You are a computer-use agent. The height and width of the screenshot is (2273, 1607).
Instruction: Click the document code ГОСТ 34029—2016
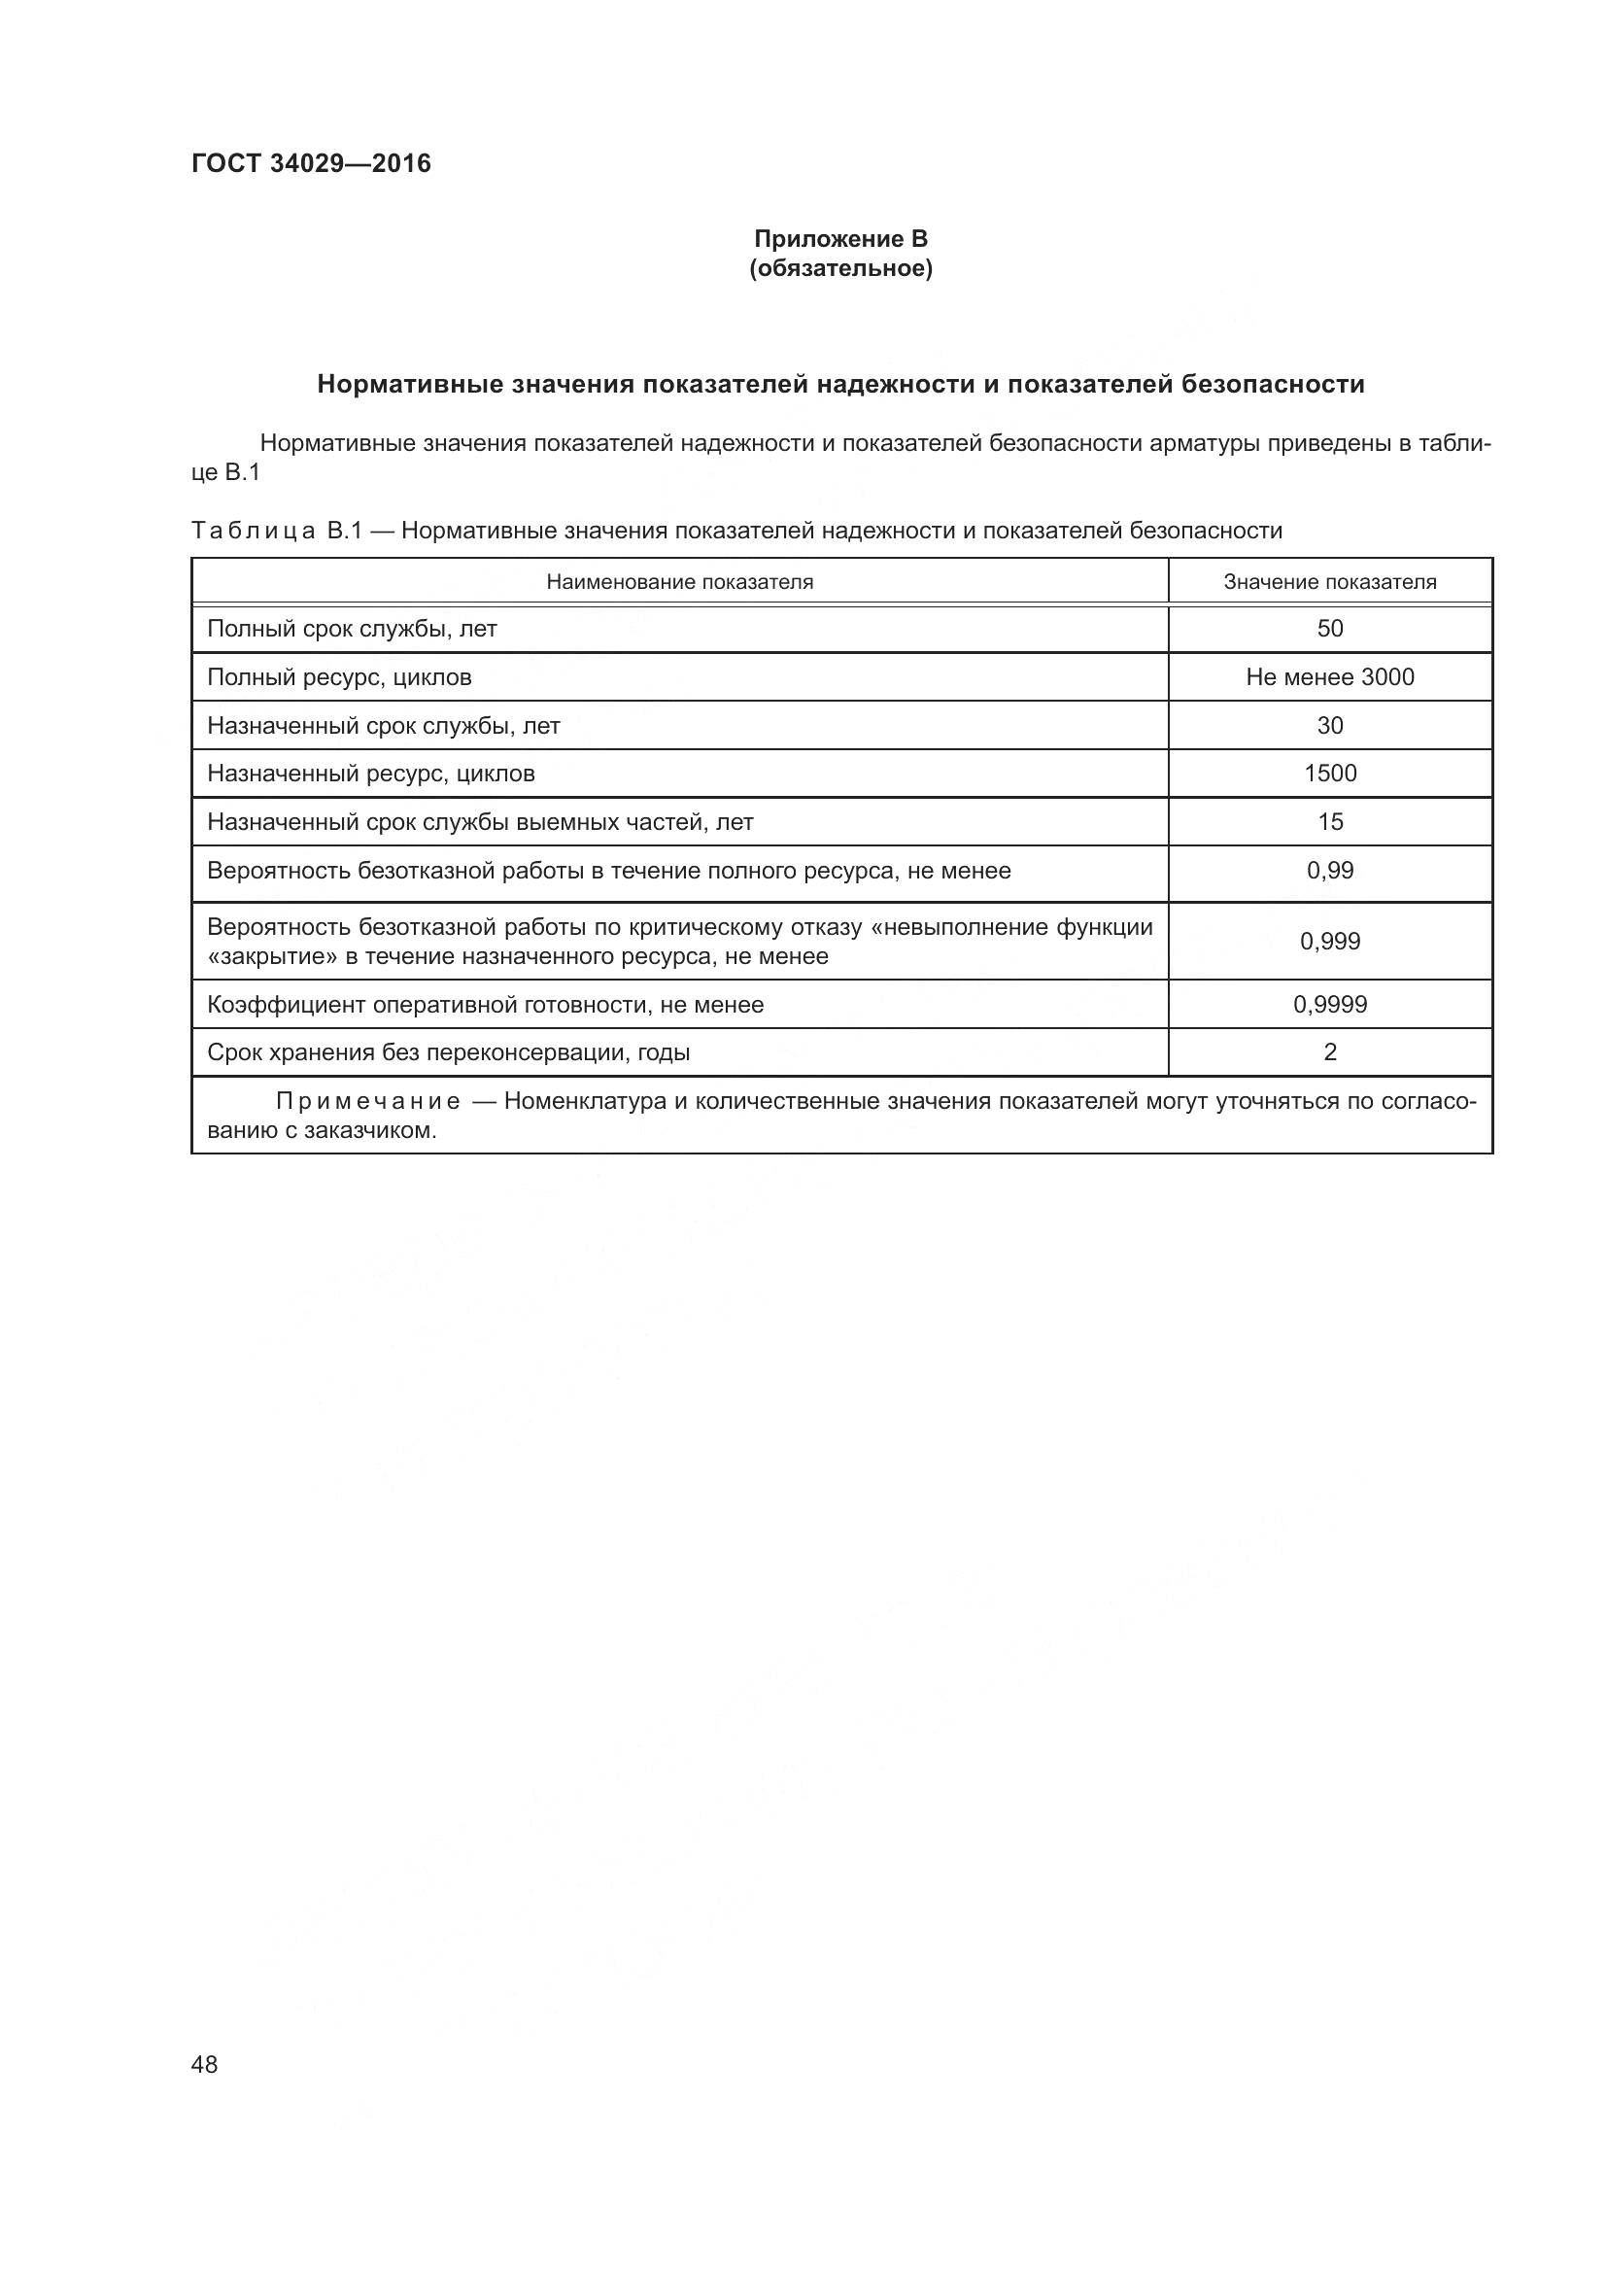click(x=311, y=163)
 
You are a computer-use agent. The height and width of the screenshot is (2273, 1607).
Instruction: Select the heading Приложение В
click(x=840, y=239)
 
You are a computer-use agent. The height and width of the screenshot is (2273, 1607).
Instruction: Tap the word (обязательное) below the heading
click(x=840, y=268)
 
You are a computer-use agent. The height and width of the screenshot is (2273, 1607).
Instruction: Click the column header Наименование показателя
click(x=679, y=582)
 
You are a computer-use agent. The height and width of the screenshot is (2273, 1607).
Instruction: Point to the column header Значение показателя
click(x=1329, y=582)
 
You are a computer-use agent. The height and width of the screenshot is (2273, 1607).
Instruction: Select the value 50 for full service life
click(x=1329, y=629)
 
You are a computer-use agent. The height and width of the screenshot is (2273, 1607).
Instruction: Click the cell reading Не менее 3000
click(x=1329, y=677)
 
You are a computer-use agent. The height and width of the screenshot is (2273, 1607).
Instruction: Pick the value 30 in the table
click(x=1329, y=726)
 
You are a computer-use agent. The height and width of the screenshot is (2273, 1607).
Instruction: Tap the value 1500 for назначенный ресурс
click(x=1329, y=774)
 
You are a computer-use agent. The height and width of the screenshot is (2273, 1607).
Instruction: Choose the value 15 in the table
click(x=1329, y=822)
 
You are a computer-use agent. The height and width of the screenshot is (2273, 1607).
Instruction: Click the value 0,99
click(x=1329, y=870)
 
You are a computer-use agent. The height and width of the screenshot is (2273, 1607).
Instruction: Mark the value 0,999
click(x=1329, y=942)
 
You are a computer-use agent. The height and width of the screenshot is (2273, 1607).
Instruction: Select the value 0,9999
click(x=1329, y=1005)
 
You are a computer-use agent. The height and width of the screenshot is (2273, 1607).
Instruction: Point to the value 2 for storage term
click(x=1329, y=1052)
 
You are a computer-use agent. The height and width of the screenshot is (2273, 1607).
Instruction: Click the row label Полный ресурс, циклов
click(x=338, y=677)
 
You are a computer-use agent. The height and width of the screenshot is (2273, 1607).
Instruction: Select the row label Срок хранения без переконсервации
click(x=447, y=1052)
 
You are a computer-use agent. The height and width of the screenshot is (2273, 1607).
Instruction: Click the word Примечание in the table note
click(x=367, y=1102)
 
